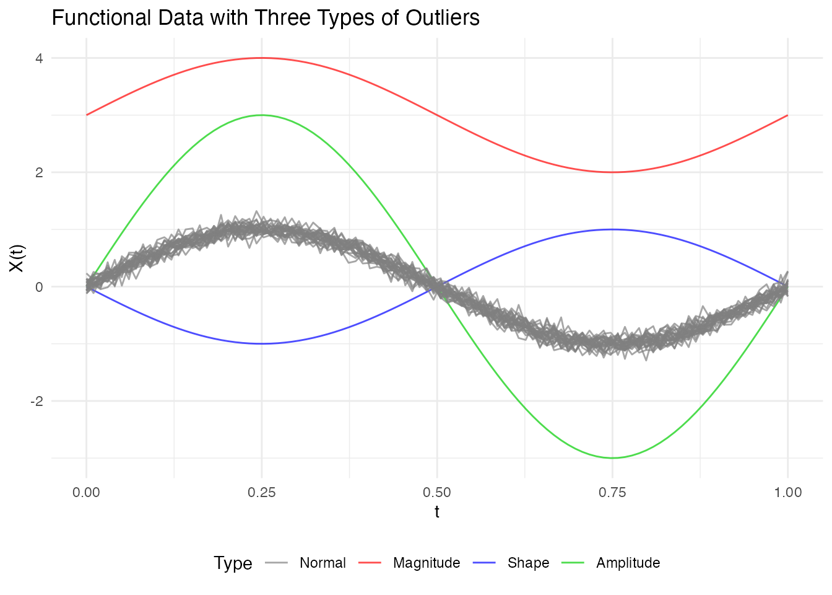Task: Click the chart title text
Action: pos(266,18)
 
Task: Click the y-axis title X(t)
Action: pos(17,258)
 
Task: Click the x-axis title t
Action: pos(437,512)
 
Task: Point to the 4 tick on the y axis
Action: pos(39,58)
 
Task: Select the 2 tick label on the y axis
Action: pos(39,172)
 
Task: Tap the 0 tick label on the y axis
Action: pos(39,287)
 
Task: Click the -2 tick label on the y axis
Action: pos(37,401)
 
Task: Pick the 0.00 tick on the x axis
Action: pos(86,493)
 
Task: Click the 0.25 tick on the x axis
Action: pos(261,493)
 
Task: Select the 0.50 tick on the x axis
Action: pos(437,493)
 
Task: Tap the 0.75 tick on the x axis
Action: pos(612,493)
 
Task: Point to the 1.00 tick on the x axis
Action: pos(787,493)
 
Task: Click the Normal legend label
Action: pos(323,563)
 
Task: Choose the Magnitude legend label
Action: pos(427,563)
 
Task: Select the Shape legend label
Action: pos(528,563)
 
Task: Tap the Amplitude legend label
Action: pos(628,563)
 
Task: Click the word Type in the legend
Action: pos(233,563)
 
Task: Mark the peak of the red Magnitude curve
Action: pos(261,58)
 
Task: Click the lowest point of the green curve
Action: pos(612,458)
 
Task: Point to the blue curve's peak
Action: pos(612,229)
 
